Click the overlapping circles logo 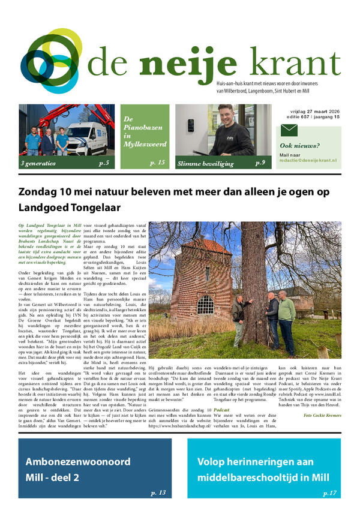tap(52, 59)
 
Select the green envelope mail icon tap(289, 131)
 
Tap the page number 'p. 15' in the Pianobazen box tap(158, 163)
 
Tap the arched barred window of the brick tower tap(205, 305)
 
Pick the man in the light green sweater tap(286, 312)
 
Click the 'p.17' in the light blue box tap(329, 492)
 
